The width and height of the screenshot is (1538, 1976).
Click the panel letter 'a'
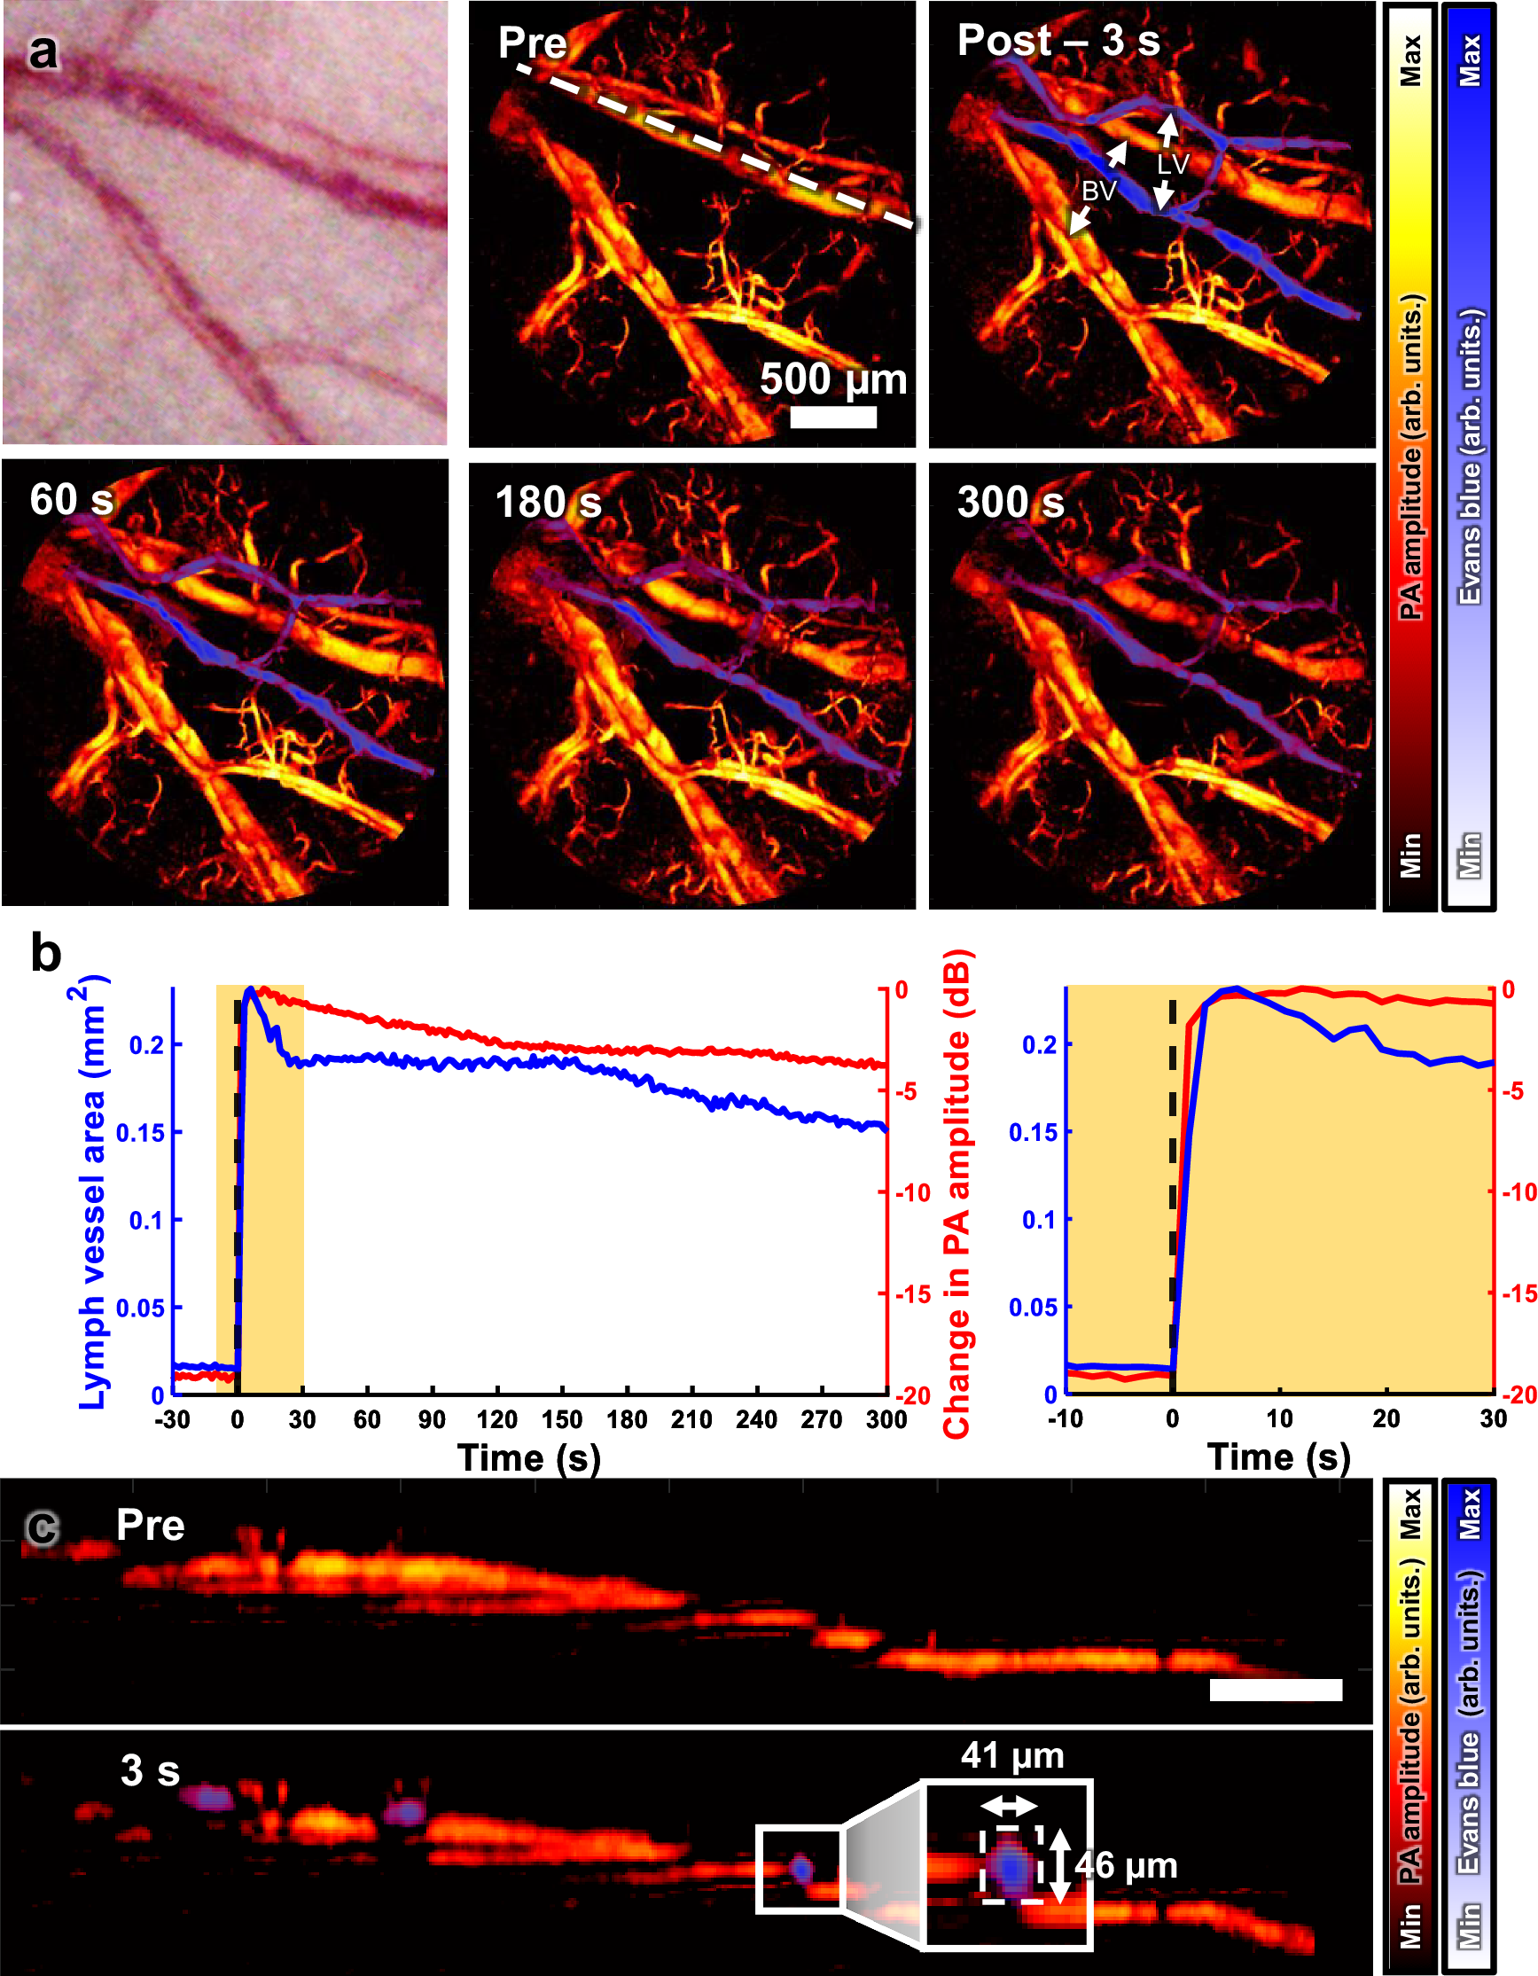click(43, 51)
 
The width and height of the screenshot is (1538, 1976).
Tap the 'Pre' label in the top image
click(532, 43)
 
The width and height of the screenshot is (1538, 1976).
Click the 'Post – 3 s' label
click(1058, 41)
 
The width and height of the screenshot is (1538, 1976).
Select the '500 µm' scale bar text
click(832, 379)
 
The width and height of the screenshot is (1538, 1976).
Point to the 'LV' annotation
click(1173, 164)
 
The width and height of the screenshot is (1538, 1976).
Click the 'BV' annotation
click(1099, 191)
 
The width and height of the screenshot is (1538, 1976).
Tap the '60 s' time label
click(72, 499)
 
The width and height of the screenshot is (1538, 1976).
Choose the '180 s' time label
click(547, 502)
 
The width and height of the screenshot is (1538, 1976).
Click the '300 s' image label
click(1010, 502)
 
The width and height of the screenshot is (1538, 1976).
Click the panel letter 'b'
click(45, 955)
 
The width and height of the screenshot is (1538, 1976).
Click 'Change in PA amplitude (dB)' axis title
click(956, 1194)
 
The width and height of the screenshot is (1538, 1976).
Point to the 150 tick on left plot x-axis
click(562, 1418)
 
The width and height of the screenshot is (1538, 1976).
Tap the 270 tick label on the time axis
click(821, 1418)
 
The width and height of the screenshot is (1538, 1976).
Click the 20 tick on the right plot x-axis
click(1386, 1418)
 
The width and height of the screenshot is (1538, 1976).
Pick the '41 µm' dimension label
click(1012, 1755)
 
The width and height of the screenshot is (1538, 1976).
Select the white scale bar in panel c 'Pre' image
click(1275, 1690)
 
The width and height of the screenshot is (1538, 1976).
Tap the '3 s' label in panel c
click(150, 1770)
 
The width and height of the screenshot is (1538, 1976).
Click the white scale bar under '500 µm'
click(832, 417)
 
